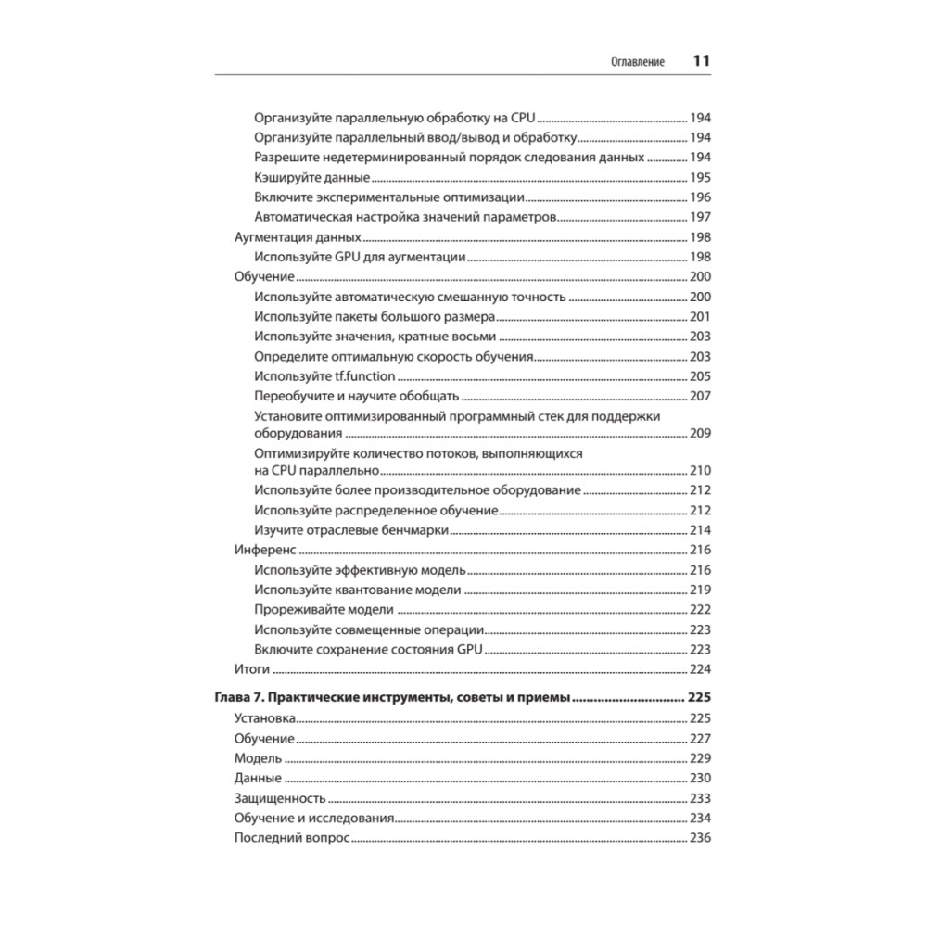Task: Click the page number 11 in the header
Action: (x=701, y=62)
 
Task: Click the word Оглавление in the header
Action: (x=637, y=63)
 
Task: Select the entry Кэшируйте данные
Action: (x=311, y=177)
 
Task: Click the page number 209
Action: (x=700, y=433)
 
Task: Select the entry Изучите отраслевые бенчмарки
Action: (x=351, y=529)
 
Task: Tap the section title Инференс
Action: (x=258, y=550)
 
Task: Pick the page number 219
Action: (x=700, y=590)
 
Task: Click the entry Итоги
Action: (x=252, y=668)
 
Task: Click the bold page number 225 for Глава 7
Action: (x=699, y=698)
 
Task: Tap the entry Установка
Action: (x=265, y=718)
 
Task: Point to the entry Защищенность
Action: (x=280, y=798)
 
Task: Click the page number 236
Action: (x=700, y=838)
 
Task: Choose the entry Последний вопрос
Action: (x=291, y=838)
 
